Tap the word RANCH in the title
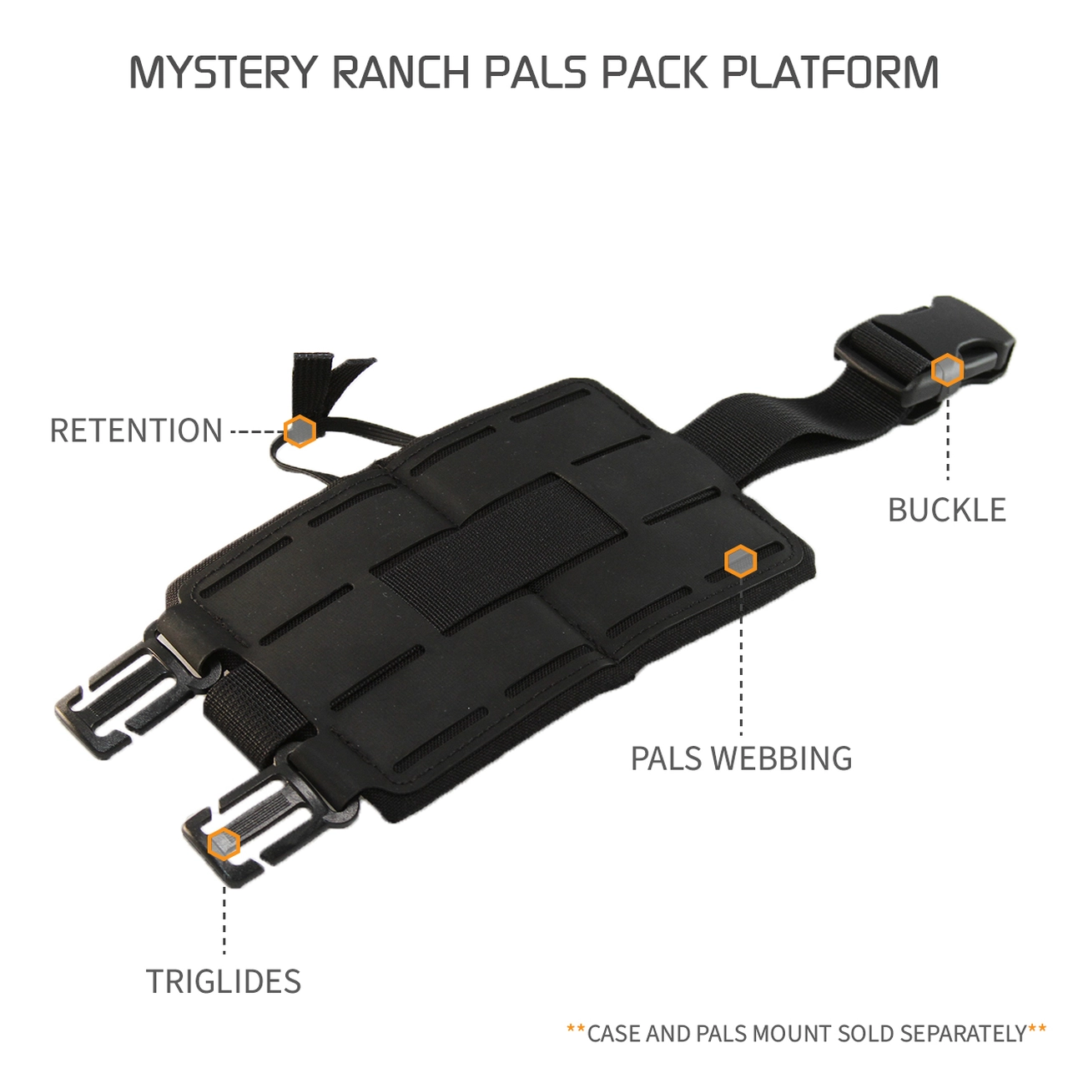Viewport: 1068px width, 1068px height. pyautogui.click(x=401, y=73)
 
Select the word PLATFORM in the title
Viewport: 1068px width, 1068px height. pyautogui.click(x=830, y=73)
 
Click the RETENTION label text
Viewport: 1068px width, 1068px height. pyautogui.click(x=136, y=431)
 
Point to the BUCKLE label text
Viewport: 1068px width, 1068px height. pyautogui.click(x=947, y=510)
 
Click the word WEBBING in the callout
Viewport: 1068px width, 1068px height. pyautogui.click(x=783, y=758)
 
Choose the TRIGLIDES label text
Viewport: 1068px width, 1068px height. pyautogui.click(x=224, y=981)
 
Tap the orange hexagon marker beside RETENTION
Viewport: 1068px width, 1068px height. pyautogui.click(x=300, y=431)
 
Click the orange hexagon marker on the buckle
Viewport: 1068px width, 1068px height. pyautogui.click(x=947, y=370)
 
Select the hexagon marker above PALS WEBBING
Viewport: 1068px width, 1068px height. pyautogui.click(x=740, y=562)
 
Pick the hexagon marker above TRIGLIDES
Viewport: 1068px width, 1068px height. pyautogui.click(x=224, y=844)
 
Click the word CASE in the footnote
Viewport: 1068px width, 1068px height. pyautogui.click(x=614, y=1034)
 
